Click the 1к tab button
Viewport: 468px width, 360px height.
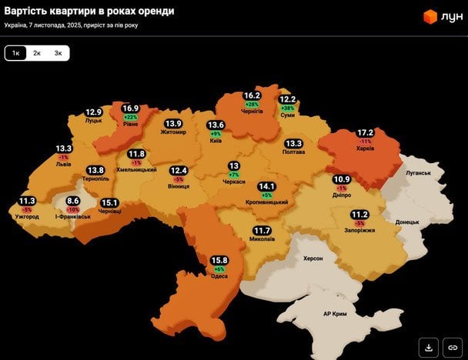pos(15,53)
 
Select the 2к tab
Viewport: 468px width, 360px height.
pos(37,53)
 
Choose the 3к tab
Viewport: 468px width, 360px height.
pos(58,53)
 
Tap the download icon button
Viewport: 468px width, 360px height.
pos(430,345)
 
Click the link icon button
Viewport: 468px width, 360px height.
pos(452,345)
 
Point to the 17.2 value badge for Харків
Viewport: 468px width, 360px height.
pos(365,133)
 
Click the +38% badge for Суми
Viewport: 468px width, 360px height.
pos(288,108)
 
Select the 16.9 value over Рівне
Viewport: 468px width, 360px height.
pos(130,108)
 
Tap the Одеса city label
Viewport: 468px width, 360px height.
pos(219,277)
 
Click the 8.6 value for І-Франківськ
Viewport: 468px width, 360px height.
pos(72,201)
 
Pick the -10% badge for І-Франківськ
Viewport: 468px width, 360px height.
pos(72,209)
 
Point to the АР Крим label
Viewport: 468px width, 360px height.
pos(335,314)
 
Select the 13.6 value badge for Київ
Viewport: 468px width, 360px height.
pos(216,125)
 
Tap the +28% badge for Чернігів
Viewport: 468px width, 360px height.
pos(251,104)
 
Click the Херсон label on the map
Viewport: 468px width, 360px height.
pos(313,258)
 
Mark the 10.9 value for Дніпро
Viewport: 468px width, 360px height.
pos(341,180)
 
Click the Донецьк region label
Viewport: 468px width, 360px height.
pos(407,222)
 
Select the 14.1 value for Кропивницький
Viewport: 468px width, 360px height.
pos(266,186)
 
